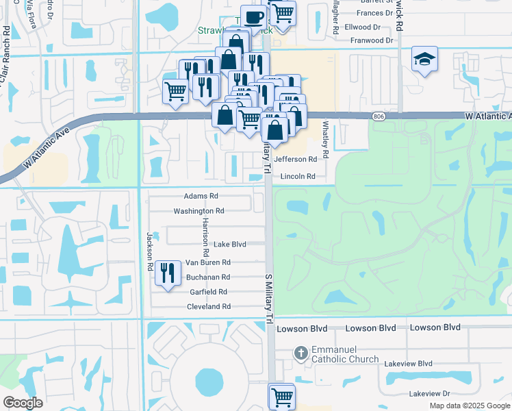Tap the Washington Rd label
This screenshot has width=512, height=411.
coord(199,211)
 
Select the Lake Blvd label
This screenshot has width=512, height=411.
coord(229,244)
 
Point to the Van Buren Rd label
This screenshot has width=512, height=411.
coord(207,262)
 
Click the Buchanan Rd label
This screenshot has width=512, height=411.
coord(208,277)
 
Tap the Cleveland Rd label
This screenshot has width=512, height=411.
coord(209,306)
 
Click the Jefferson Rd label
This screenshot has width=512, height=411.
coord(296,159)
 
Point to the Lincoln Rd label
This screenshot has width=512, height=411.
coord(298,176)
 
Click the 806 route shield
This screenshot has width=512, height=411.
coord(379,118)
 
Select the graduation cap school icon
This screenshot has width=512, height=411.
coord(424,61)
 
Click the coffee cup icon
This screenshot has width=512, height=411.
coord(254,16)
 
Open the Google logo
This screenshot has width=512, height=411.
coord(23,403)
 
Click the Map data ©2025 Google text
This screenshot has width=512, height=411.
coord(469,406)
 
